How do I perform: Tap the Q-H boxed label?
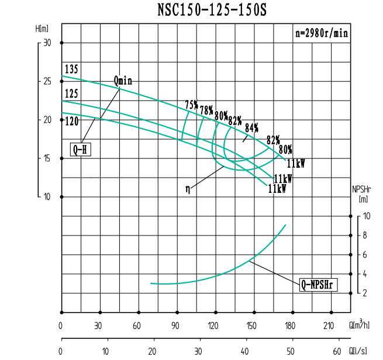pyautogui.click(x=80, y=150)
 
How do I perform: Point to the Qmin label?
pyautogui.click(x=123, y=81)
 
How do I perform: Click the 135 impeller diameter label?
pyautogui.click(x=71, y=68)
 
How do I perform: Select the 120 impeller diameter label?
pyautogui.click(x=71, y=122)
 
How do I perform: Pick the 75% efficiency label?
pyautogui.click(x=191, y=105)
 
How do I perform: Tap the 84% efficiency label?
pyautogui.click(x=251, y=127)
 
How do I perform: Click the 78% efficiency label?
pyautogui.click(x=206, y=109)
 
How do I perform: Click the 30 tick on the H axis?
pyautogui.click(x=47, y=43)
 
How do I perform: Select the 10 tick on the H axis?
pyautogui.click(x=47, y=197)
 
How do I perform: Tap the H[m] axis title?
pyautogui.click(x=42, y=28)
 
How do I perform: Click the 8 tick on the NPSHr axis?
pyautogui.click(x=366, y=236)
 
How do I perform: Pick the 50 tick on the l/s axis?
pyautogui.click(x=291, y=351)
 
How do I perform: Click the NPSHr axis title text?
pyautogui.click(x=362, y=189)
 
